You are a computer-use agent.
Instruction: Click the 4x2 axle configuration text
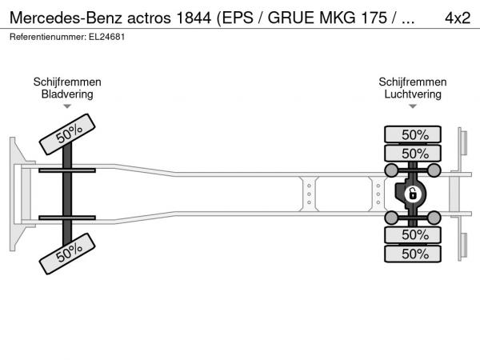(458, 18)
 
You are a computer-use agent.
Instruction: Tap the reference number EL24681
(107, 37)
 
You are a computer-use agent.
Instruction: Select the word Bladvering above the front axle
(67, 94)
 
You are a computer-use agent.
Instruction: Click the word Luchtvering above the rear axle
(413, 94)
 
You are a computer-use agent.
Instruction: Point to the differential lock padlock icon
(412, 194)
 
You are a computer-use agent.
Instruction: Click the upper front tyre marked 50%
(67, 134)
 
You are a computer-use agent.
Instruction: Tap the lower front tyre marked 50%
(67, 254)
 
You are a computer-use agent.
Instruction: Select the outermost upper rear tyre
(413, 134)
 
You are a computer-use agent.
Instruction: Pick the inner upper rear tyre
(413, 153)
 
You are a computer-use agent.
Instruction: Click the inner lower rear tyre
(413, 235)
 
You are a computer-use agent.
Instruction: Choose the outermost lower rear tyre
(413, 254)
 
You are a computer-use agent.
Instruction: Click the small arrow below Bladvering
(67, 106)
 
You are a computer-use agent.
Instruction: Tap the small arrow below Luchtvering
(413, 106)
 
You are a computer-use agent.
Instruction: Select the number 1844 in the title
(194, 18)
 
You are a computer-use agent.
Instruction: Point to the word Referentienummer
(48, 37)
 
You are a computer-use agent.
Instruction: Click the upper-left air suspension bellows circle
(391, 170)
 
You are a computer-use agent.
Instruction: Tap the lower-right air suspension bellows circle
(434, 218)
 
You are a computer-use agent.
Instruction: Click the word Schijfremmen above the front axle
(67, 82)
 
